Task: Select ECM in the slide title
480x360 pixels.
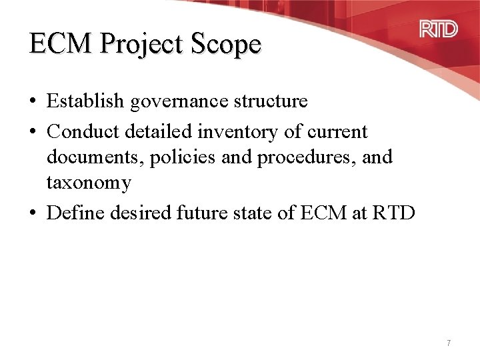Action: pyautogui.click(x=62, y=44)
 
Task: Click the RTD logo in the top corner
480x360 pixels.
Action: pyautogui.click(x=438, y=30)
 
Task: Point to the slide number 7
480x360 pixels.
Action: pyautogui.click(x=449, y=343)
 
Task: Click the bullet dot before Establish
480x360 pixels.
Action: pyautogui.click(x=33, y=102)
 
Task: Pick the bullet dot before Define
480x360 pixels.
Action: pyautogui.click(x=33, y=214)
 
